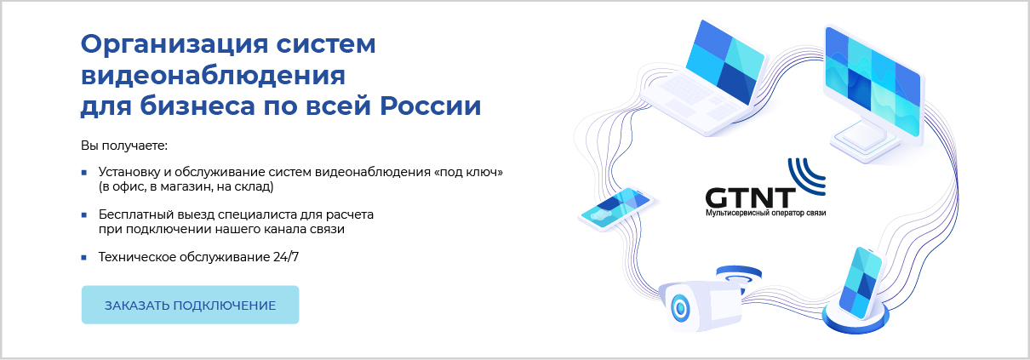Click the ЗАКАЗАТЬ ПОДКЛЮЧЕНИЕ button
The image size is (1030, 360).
pos(190,305)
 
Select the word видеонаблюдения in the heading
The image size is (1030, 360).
pos(213,77)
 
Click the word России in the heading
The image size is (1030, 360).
pos(431,106)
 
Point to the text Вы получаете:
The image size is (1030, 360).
pos(124,146)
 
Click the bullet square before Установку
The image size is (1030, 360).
pos(84,173)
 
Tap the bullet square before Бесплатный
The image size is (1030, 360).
pos(84,215)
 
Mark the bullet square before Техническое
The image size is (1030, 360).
pos(84,258)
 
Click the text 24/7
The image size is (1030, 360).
pos(286,256)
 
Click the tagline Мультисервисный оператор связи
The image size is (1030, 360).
pos(765,213)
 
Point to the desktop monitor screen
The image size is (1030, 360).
pos(873,82)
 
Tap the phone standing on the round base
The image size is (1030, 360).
pos(861,283)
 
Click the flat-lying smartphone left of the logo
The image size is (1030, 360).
pos(615,209)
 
